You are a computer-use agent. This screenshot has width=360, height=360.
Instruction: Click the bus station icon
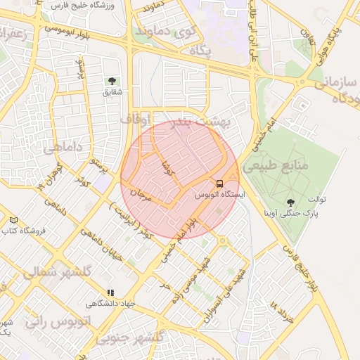[x=220, y=183]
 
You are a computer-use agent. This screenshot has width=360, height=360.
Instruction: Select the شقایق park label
[x=112, y=92]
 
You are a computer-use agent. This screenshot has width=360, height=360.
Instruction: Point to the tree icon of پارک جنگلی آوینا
[x=290, y=202]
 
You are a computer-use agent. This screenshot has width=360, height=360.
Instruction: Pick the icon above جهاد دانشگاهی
[x=110, y=292]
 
